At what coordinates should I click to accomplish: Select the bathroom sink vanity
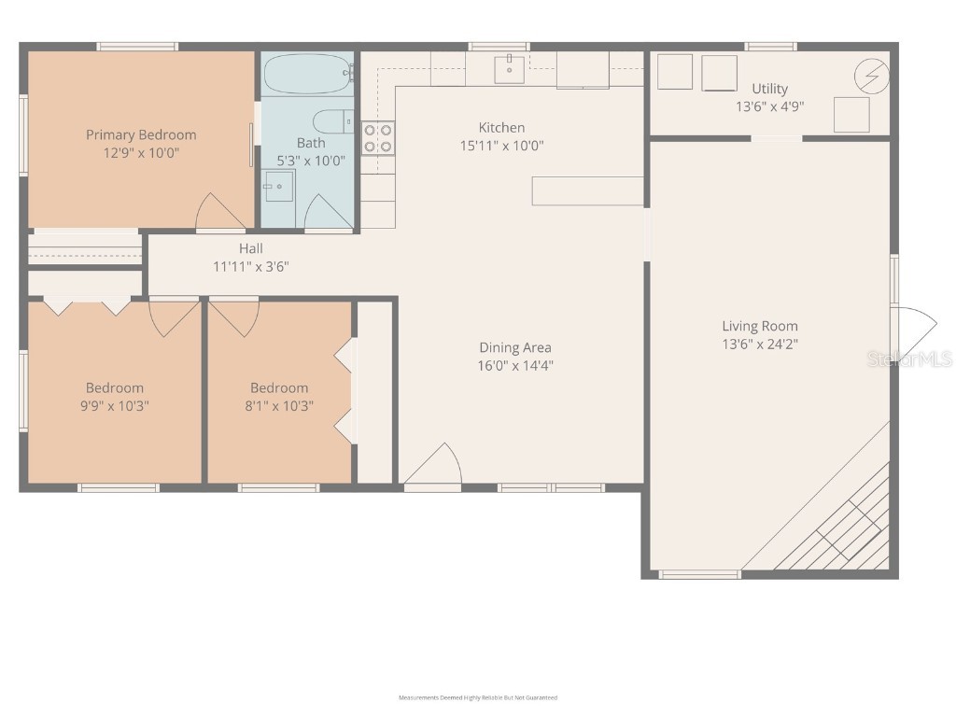[x=278, y=188]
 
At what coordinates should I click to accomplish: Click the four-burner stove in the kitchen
[x=377, y=138]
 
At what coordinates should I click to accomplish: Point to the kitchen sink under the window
[x=509, y=67]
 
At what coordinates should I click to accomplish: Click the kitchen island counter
[x=587, y=190]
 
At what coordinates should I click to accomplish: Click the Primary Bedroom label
[x=141, y=134]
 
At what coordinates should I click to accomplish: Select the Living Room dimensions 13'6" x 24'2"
[x=760, y=344]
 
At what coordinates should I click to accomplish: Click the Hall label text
[x=250, y=248]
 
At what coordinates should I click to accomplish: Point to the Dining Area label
[x=514, y=347]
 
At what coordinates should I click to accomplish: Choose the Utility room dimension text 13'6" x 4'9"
[x=769, y=106]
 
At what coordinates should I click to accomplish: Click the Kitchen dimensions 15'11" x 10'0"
[x=501, y=146]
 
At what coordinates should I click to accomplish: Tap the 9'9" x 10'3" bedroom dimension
[x=115, y=406]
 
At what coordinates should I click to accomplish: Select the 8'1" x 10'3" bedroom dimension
[x=278, y=406]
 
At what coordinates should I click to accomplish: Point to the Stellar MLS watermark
[x=909, y=358]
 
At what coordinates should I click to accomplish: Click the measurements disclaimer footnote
[x=477, y=697]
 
